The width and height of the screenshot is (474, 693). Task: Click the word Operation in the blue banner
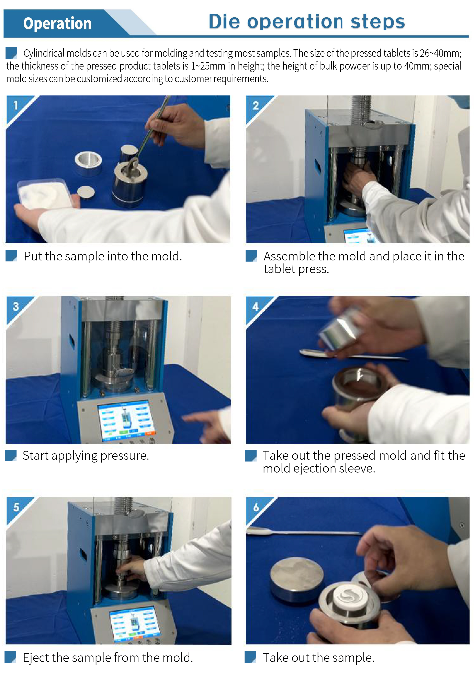tap(57, 24)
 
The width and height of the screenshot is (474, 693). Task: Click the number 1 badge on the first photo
tap(15, 105)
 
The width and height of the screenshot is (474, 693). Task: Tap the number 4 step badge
tap(256, 307)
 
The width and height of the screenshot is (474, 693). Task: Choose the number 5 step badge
tap(16, 507)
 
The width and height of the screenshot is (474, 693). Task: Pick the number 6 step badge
tap(256, 507)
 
